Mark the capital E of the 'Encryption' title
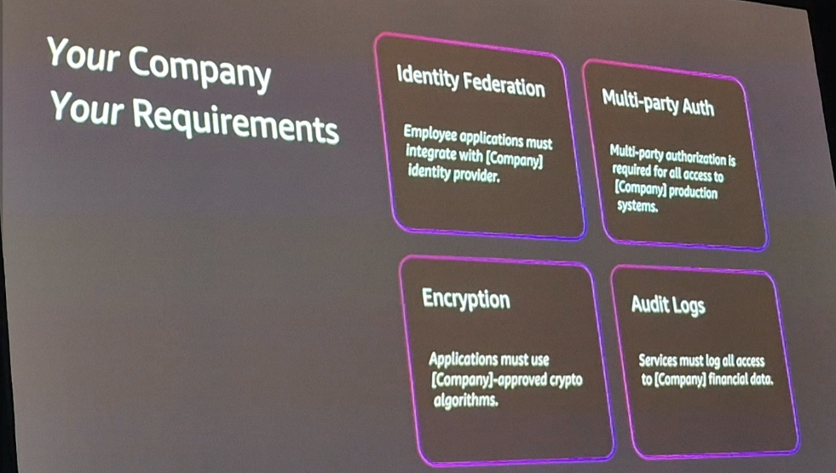click(x=428, y=297)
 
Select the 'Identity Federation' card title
click(x=470, y=81)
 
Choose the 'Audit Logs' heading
click(x=668, y=305)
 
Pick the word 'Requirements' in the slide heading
click(x=235, y=120)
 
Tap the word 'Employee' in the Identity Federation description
click(x=430, y=133)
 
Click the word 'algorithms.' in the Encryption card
click(x=465, y=400)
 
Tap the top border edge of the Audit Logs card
click(x=693, y=268)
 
